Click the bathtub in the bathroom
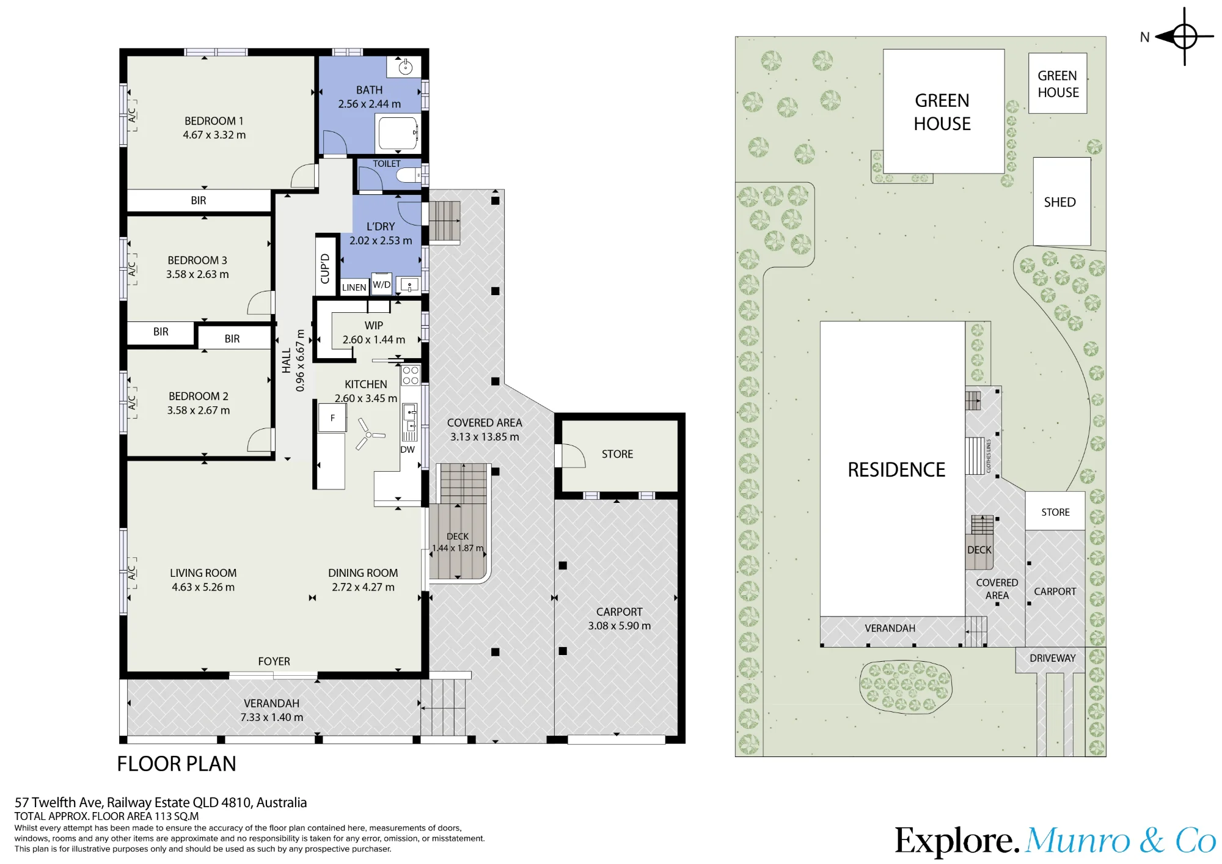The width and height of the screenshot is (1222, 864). [x=398, y=133]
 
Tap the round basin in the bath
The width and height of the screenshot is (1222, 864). [x=405, y=67]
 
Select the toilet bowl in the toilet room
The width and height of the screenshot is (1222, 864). [x=408, y=176]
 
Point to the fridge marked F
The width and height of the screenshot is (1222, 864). [x=332, y=418]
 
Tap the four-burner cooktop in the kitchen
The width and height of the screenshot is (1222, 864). [x=411, y=375]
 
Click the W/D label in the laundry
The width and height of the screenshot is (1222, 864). [x=382, y=285]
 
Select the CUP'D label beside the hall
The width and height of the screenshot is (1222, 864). [x=325, y=269]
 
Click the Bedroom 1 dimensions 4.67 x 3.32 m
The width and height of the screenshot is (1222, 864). [x=214, y=135]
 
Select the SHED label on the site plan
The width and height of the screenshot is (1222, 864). [x=1059, y=202]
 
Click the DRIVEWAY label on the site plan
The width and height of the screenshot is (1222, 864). [x=1052, y=658]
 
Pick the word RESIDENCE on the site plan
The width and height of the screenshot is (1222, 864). [x=896, y=469]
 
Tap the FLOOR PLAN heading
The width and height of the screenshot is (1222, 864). [x=177, y=764]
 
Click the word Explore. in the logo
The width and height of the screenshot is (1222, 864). [x=957, y=841]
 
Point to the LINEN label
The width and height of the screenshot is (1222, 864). [x=354, y=288]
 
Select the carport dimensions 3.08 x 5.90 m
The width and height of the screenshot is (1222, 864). [x=620, y=626]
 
